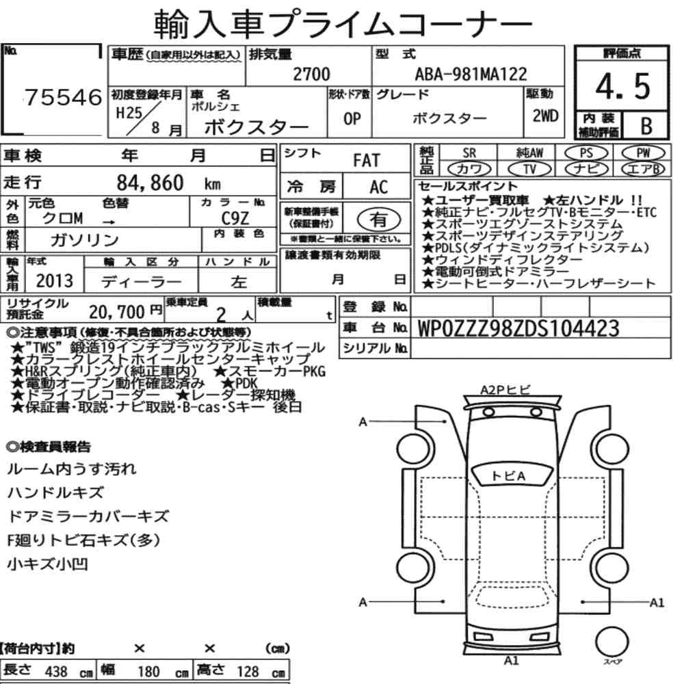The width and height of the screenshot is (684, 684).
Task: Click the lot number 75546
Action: tap(64, 97)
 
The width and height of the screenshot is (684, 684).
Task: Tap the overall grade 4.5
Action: tap(623, 86)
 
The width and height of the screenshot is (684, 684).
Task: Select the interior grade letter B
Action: tap(646, 126)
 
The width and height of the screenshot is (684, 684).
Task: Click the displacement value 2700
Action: tap(311, 74)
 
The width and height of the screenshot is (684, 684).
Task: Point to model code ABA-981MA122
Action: tap(471, 74)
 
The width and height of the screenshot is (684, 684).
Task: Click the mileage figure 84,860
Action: tap(150, 183)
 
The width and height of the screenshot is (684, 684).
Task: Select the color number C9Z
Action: tap(235, 218)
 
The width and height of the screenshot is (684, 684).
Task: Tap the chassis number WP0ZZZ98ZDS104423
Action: tap(518, 328)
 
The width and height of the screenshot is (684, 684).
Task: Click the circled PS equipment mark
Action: tap(586, 153)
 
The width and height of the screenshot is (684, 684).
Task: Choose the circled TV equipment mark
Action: tap(529, 169)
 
